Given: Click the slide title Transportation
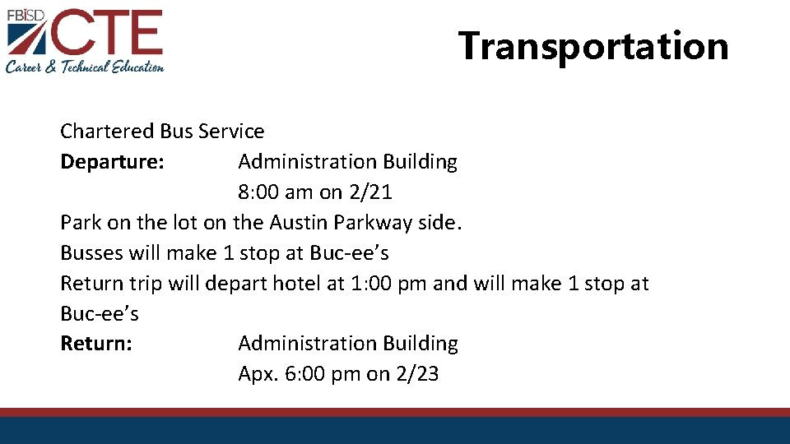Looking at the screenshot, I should [593, 46].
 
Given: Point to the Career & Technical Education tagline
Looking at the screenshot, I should [85, 67].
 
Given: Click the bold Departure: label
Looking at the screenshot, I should [113, 162].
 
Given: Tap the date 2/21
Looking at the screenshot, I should [370, 192].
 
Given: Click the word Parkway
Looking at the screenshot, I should [372, 223].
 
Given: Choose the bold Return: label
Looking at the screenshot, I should [96, 344].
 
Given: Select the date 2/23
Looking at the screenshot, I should [416, 374].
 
